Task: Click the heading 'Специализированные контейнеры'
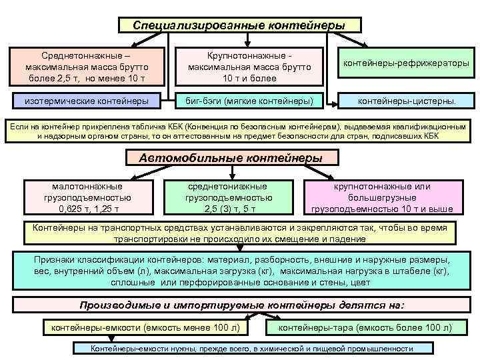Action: click(x=239, y=25)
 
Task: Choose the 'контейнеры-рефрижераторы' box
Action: click(x=405, y=63)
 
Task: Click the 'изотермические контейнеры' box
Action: click(x=86, y=101)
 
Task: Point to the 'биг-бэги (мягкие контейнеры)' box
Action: click(x=249, y=101)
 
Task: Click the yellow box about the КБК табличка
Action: click(x=239, y=131)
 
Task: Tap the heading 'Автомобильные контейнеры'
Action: click(x=229, y=159)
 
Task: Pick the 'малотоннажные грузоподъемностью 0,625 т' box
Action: click(x=86, y=197)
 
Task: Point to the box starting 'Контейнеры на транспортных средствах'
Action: click(x=239, y=233)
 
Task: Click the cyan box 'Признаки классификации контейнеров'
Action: click(x=239, y=271)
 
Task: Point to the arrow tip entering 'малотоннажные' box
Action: click(x=85, y=181)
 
